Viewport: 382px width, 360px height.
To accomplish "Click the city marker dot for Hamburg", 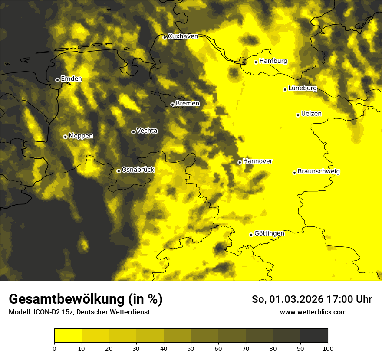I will pyautogui.click(x=256, y=62).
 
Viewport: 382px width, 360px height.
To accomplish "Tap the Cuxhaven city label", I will pyautogui.click(x=183, y=36).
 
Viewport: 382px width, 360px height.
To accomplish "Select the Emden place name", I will pyautogui.click(x=71, y=79).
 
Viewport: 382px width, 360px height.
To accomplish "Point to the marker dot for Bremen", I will pyautogui.click(x=172, y=105).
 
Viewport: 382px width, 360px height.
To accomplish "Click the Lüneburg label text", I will pyautogui.click(x=303, y=88).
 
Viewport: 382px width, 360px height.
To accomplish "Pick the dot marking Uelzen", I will pyautogui.click(x=298, y=115).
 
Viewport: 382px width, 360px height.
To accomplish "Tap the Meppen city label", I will pyautogui.click(x=81, y=136).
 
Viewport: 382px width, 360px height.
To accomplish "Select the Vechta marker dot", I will pyautogui.click(x=133, y=132).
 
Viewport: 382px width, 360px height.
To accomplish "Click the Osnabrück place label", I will pyautogui.click(x=138, y=170).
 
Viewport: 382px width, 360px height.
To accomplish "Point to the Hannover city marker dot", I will pyautogui.click(x=240, y=162).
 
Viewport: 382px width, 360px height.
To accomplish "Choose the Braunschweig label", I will pyautogui.click(x=319, y=171).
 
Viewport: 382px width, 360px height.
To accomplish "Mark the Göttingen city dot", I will pyautogui.click(x=251, y=235).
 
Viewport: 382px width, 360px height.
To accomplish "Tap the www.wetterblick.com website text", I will pyautogui.click(x=313, y=312).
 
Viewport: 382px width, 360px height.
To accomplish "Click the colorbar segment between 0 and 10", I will pyautogui.click(x=68, y=336).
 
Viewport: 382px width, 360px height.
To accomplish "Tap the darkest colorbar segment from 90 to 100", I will pyautogui.click(x=314, y=336).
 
